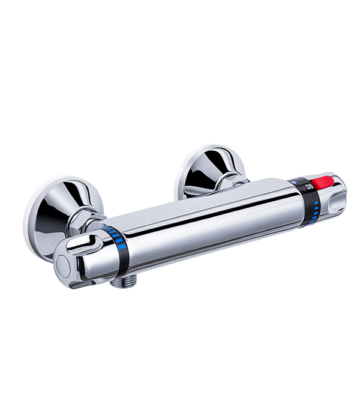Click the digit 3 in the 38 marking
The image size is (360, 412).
click(308, 187)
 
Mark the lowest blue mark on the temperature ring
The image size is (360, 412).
click(313, 221)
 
